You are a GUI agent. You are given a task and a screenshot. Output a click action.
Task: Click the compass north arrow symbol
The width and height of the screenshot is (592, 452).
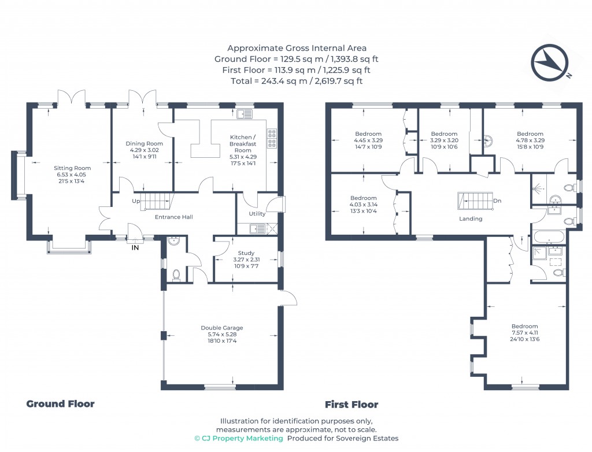(x=550, y=62)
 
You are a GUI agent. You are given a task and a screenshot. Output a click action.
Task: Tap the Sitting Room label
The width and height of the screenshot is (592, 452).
(x=72, y=168)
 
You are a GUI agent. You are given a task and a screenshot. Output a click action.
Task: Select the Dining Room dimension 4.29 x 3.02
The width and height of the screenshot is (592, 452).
(x=144, y=150)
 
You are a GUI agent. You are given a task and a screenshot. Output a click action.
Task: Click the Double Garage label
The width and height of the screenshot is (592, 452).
(x=222, y=328)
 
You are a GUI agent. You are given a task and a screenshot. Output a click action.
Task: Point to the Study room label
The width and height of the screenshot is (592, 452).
(x=246, y=253)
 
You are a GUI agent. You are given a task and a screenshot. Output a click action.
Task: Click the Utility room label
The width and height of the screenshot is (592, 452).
(x=257, y=214)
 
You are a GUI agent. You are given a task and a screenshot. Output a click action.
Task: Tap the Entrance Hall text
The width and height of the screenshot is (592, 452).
(x=174, y=217)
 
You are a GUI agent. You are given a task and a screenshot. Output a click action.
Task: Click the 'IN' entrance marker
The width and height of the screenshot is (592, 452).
(x=135, y=248)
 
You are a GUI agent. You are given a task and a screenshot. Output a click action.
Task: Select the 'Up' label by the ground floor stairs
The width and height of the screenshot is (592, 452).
(x=136, y=201)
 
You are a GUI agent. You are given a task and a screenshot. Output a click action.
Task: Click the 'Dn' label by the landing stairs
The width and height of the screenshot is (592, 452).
(x=497, y=201)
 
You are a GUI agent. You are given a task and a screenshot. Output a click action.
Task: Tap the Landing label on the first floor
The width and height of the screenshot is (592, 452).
(x=471, y=218)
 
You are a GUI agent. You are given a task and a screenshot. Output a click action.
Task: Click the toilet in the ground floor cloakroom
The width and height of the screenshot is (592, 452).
(x=176, y=275)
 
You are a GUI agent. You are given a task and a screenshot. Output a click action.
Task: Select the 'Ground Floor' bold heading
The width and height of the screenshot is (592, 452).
(x=60, y=403)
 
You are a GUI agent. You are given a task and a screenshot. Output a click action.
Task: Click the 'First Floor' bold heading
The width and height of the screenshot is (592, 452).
(x=351, y=405)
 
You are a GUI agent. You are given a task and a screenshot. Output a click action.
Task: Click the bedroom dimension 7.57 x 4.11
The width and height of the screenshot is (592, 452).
(x=525, y=333)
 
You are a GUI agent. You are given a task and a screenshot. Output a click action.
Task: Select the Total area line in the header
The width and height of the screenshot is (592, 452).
(x=297, y=81)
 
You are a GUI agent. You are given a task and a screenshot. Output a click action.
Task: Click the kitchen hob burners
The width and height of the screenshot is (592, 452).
(x=272, y=138)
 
